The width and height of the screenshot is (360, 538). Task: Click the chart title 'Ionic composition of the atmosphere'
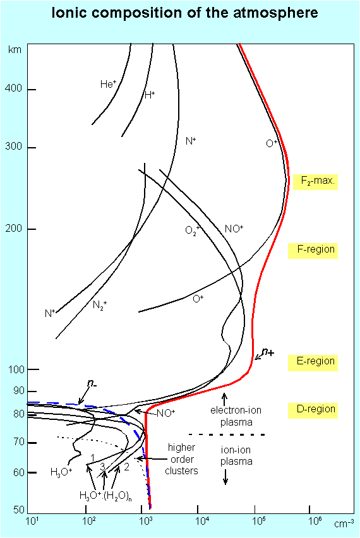[184, 13]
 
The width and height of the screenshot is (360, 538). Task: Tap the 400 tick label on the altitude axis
[13, 88]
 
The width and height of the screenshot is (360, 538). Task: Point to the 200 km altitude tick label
[13, 229]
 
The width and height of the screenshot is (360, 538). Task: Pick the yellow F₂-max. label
[316, 181]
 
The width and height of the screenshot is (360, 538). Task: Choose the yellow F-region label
[313, 250]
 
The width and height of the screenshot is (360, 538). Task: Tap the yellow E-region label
[313, 362]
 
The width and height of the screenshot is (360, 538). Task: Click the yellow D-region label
[313, 410]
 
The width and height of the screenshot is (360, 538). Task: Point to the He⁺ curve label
[108, 84]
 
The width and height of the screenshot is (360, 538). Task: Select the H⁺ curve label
[150, 95]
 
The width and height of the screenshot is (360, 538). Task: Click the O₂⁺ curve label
[192, 230]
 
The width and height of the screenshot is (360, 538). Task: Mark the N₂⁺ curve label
[100, 304]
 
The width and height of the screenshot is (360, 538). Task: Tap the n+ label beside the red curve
[268, 352]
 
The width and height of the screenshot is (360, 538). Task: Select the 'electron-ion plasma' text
[236, 416]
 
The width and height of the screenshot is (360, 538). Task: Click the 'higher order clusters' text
[181, 459]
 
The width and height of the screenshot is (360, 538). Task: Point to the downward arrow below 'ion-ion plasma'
[225, 477]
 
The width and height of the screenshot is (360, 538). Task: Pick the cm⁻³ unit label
[344, 523]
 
